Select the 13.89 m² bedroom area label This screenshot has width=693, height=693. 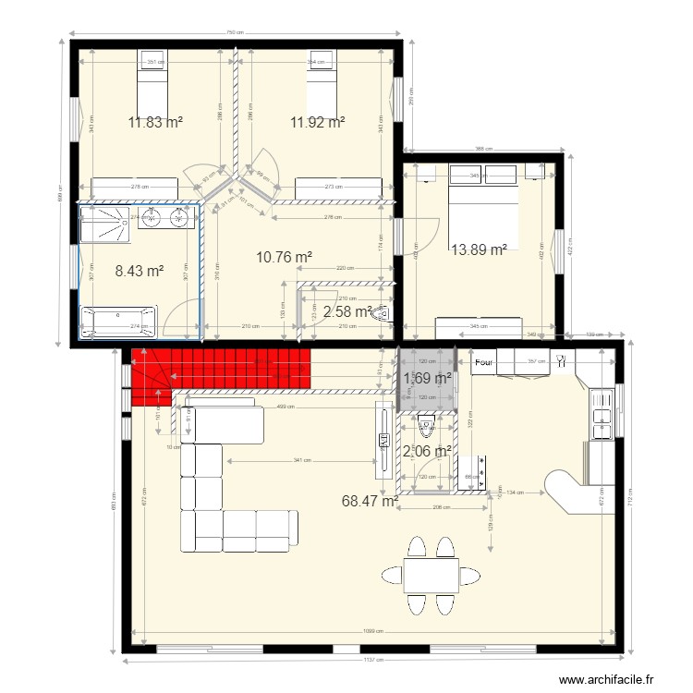tap(479, 249)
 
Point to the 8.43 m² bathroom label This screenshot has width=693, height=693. tap(140, 271)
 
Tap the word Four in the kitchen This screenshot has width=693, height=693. tap(483, 363)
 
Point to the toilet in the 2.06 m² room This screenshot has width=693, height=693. tap(426, 428)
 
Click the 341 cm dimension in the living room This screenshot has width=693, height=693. tap(296, 460)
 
